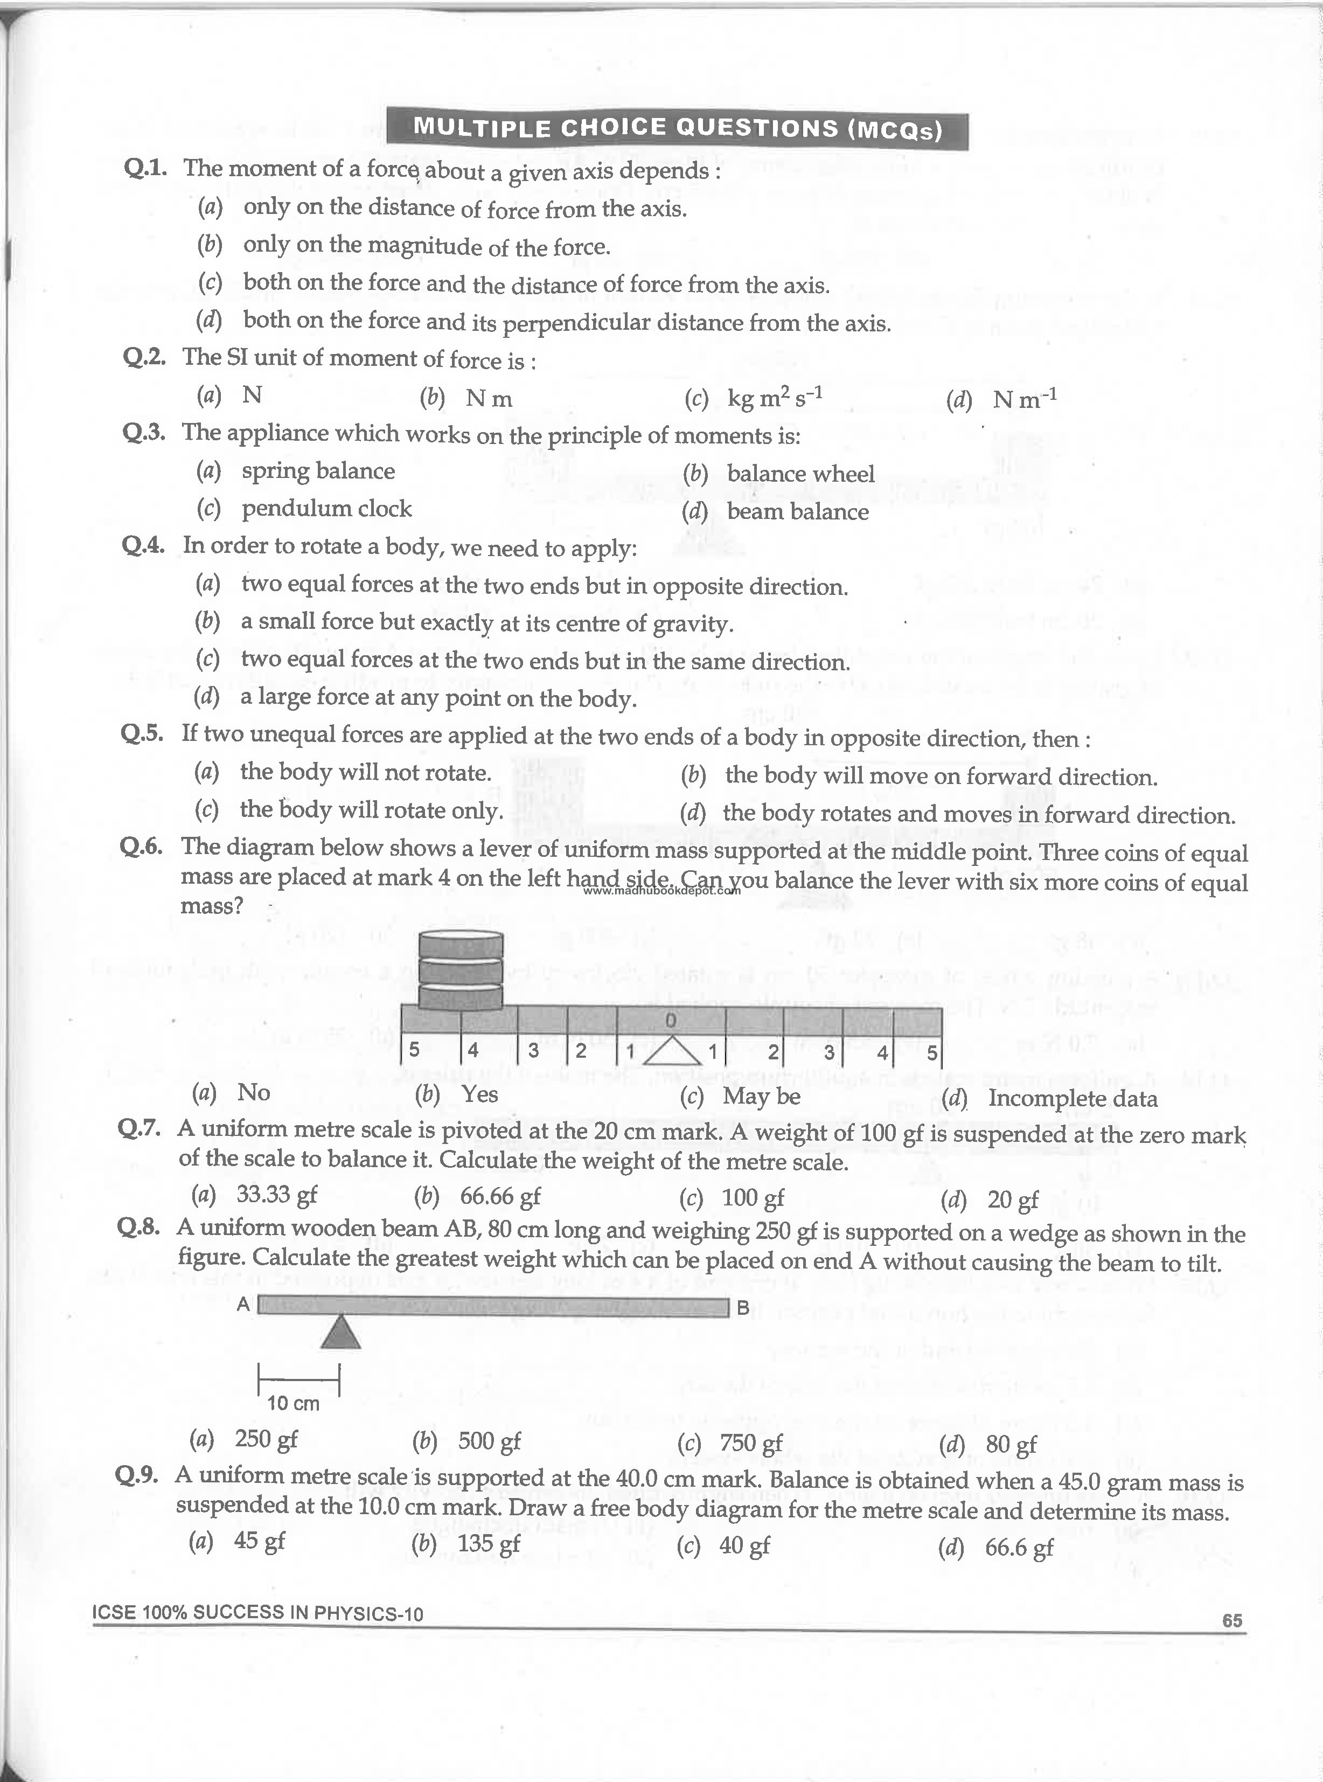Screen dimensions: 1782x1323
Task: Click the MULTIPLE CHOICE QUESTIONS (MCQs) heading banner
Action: click(x=677, y=128)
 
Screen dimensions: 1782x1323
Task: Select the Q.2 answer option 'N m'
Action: click(x=489, y=398)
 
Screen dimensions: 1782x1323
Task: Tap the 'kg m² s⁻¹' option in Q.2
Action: click(x=775, y=397)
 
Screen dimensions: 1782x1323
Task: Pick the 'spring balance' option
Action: click(x=318, y=471)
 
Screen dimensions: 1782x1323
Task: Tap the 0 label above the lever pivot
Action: click(x=671, y=1020)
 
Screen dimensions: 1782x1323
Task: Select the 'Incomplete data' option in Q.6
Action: click(x=1073, y=1098)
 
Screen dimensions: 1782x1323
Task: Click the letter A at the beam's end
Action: click(x=243, y=1304)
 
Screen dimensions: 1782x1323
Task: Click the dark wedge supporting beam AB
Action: click(x=341, y=1333)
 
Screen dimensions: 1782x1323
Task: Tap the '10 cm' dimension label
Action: click(x=293, y=1403)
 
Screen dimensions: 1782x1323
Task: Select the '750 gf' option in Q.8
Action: click(x=750, y=1443)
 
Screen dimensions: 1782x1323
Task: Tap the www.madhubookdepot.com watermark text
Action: click(x=661, y=890)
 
